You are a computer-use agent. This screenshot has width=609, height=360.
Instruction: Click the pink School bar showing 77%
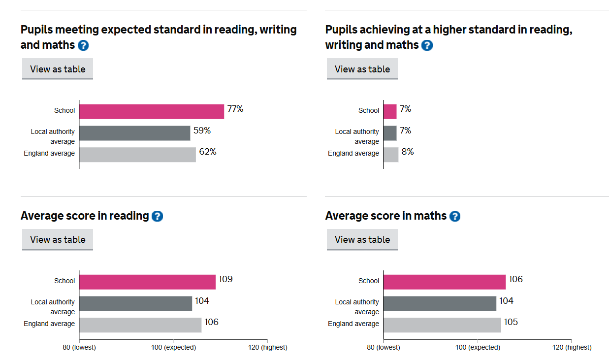(x=152, y=112)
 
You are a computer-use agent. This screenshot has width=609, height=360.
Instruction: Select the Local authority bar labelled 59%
(x=134, y=133)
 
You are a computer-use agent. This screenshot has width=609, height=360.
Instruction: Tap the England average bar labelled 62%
(x=137, y=155)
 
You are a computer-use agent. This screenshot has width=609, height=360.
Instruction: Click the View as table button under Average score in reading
(x=58, y=240)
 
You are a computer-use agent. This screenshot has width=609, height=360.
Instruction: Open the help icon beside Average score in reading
(x=157, y=216)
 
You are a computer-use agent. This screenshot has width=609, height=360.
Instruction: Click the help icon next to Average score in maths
(x=455, y=216)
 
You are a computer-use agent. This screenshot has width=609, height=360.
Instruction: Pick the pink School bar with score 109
(x=147, y=282)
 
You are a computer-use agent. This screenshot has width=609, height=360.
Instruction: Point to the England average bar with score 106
(x=140, y=325)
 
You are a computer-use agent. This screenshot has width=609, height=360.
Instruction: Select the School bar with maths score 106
(x=444, y=282)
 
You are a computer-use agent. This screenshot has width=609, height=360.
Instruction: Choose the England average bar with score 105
(x=442, y=325)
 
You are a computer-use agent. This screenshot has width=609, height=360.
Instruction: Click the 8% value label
(x=408, y=152)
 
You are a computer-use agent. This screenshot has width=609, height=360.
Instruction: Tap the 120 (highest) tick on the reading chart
(x=267, y=347)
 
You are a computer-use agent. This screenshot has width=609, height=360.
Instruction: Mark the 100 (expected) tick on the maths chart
(x=478, y=347)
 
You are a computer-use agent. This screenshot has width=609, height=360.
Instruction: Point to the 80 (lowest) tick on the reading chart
(x=79, y=347)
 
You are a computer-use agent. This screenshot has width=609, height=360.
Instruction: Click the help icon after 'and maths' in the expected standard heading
(x=83, y=46)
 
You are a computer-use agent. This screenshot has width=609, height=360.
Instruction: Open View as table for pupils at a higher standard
(x=362, y=69)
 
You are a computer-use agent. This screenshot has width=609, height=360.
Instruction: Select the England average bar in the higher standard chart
(x=391, y=155)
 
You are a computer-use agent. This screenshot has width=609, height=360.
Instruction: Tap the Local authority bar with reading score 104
(x=135, y=303)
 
